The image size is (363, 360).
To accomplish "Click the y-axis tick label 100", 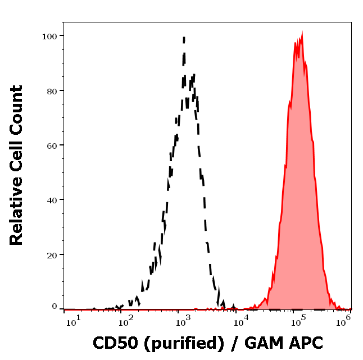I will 51,36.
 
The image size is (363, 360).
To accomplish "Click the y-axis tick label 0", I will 55,307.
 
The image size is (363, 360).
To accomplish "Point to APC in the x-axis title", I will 305,343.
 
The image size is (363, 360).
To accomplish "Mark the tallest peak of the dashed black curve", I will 184,38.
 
